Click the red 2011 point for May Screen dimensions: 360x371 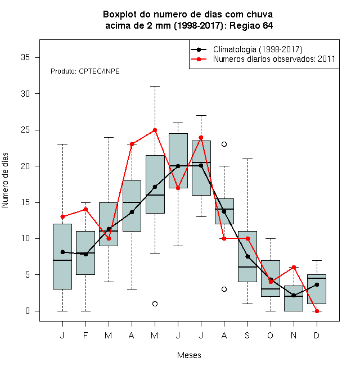[155, 130]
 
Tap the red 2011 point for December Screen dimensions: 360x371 [317, 311]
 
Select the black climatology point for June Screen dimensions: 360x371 [178, 166]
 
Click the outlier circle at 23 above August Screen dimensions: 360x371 [224, 144]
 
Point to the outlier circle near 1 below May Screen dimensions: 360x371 [155, 304]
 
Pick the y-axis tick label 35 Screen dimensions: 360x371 [25, 57]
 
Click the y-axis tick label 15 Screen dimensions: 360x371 [25, 202]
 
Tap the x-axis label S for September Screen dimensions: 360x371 [247, 335]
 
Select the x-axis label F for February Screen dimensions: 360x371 [85, 335]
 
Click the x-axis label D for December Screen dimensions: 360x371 [317, 335]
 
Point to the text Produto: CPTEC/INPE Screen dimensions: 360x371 [85, 71]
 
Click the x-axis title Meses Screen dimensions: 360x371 [189, 355]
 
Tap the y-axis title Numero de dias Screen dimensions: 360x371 [5, 180]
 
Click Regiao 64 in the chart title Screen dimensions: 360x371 [251, 25]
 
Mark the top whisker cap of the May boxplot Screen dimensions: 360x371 [155, 87]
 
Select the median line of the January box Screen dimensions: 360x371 [62, 260]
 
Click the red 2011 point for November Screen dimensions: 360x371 [294, 268]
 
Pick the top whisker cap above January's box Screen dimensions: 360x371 [62, 144]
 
